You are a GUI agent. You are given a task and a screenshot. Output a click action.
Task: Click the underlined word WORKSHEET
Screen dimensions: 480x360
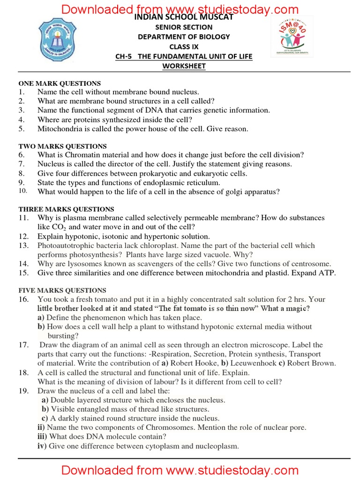tap(184, 66)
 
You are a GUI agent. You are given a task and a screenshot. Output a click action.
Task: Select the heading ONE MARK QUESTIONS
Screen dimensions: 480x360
tap(60, 83)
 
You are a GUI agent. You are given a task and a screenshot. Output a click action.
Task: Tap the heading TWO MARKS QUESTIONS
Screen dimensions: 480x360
tap(62, 146)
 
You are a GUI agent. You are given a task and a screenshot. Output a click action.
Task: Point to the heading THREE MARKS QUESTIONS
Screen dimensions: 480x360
tap(66, 209)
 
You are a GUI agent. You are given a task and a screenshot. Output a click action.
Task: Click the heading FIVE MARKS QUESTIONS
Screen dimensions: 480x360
tap(62, 290)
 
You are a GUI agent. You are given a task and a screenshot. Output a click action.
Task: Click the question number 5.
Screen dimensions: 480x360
tap(21, 128)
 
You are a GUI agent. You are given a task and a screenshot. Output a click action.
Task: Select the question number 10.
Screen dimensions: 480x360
tap(23, 191)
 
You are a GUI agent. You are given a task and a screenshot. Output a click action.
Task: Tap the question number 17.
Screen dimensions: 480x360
tap(23, 345)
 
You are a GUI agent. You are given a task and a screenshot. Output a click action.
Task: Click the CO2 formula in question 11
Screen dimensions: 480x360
tap(59, 227)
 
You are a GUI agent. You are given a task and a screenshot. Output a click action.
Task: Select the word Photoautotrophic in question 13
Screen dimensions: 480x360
tap(64, 245)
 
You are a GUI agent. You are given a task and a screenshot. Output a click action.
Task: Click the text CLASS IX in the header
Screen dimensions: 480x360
tap(184, 46)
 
